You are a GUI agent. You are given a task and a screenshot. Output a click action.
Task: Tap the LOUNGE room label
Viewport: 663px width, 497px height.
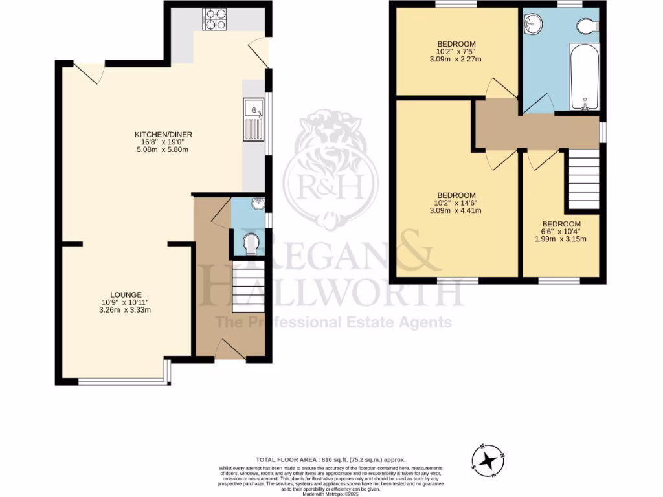126,294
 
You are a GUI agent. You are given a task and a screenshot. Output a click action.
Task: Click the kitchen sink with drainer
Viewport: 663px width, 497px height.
253,119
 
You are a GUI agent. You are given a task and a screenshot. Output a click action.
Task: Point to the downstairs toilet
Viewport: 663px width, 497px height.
251,245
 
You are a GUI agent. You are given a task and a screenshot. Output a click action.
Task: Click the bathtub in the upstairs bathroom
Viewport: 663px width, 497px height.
585,78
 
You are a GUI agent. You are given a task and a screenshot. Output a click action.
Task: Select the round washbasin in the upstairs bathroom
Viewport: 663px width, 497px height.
534,25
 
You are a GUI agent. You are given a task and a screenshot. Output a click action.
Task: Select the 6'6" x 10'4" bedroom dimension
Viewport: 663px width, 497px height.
562,231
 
